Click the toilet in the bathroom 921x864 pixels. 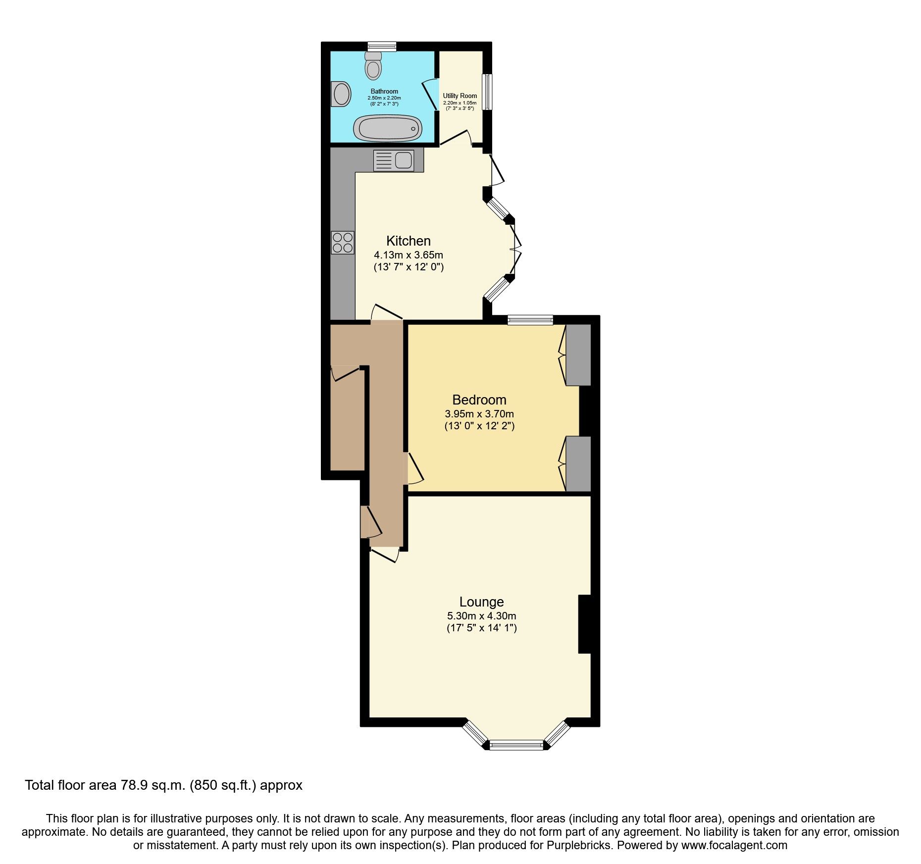(x=373, y=66)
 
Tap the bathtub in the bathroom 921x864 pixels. (x=387, y=128)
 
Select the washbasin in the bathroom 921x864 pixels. (x=341, y=94)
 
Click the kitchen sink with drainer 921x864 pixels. (x=394, y=160)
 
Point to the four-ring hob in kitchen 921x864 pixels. (x=343, y=243)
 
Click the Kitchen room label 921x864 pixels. (x=409, y=241)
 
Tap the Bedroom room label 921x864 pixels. (x=479, y=400)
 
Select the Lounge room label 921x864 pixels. (x=481, y=602)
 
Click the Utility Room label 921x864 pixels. (x=460, y=96)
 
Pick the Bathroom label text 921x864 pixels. (x=384, y=92)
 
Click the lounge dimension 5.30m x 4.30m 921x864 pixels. (x=481, y=616)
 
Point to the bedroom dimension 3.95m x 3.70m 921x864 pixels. (x=479, y=414)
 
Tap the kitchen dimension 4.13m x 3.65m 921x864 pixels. (x=409, y=255)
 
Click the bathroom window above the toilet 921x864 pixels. (x=381, y=47)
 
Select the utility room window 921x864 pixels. (x=488, y=92)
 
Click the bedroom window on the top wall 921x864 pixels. (x=530, y=320)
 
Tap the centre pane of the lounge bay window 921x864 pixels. (x=516, y=744)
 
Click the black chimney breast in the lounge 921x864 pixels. (x=585, y=624)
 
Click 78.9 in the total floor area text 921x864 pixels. (x=135, y=785)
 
